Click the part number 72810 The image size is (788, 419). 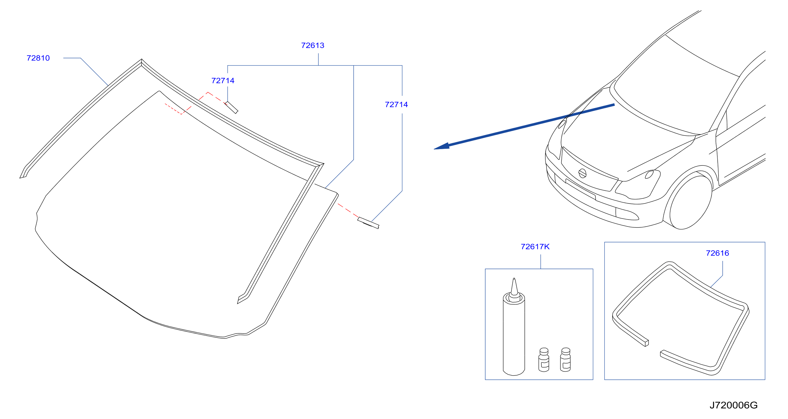38,58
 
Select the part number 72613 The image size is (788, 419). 313,45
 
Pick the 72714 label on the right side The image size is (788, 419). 397,104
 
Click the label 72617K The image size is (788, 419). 535,247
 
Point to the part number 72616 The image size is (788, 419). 717,253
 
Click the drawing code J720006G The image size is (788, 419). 733,405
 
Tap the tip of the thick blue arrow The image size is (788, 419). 434,149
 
